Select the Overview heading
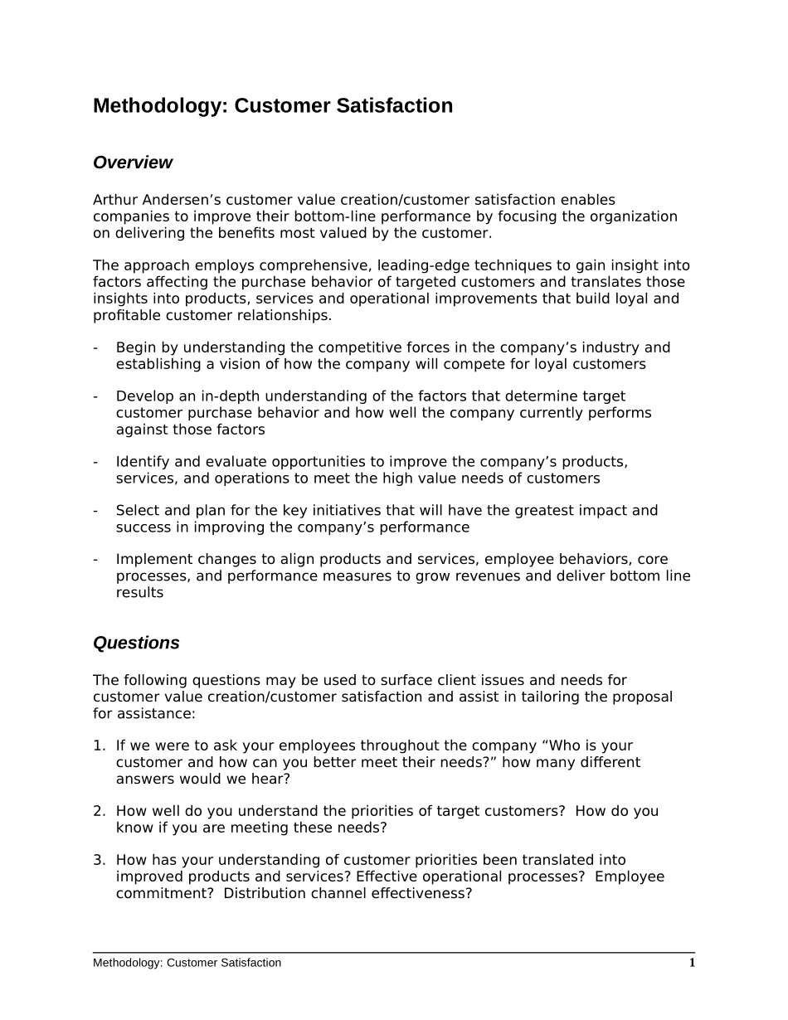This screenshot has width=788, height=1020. coord(133,163)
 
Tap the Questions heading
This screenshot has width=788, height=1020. coord(136,644)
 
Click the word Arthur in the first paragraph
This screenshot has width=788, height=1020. coord(115,200)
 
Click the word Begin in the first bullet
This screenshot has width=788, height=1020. coord(135,347)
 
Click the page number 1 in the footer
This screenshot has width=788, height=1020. coord(692,963)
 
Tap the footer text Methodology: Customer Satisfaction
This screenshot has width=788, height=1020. coord(187,963)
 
